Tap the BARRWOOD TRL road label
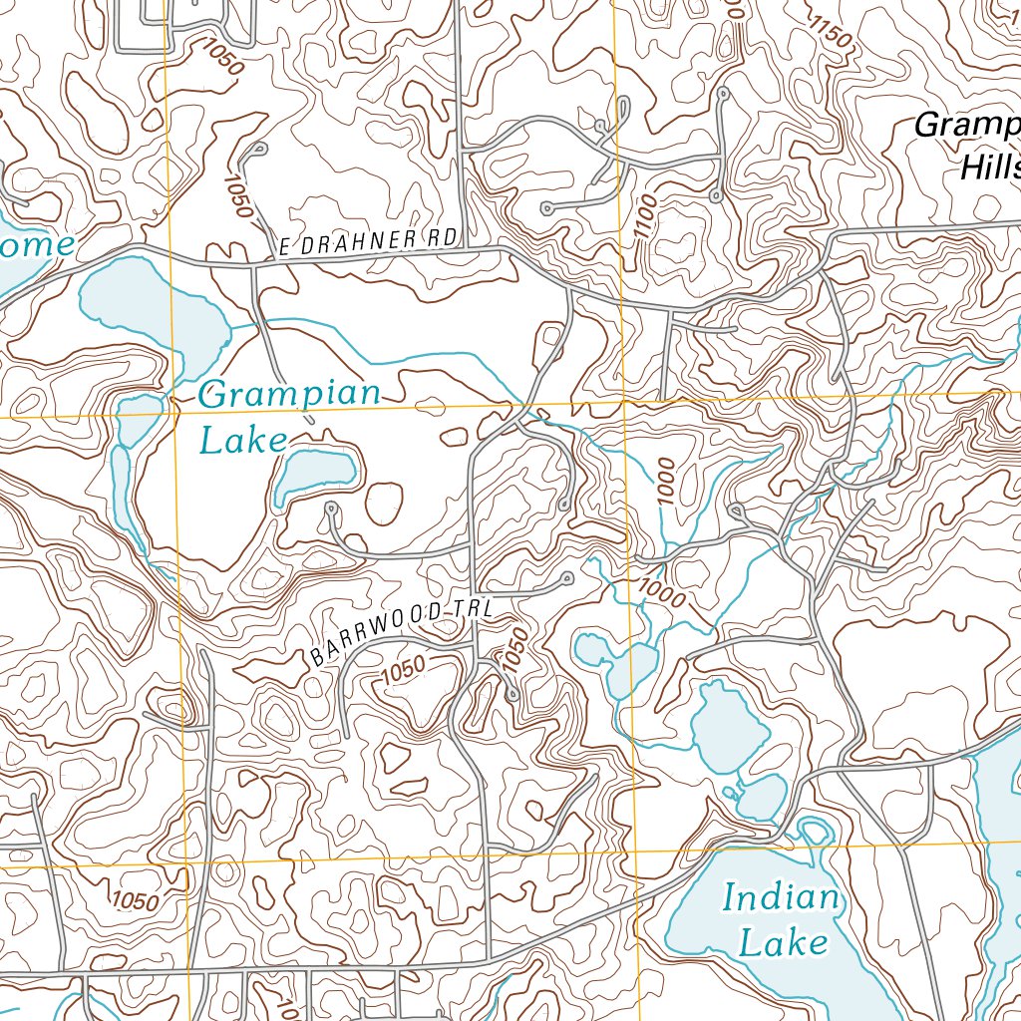tap(402, 631)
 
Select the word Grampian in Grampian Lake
tap(289, 395)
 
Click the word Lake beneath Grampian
tap(243, 440)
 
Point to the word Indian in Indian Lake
tap(781, 897)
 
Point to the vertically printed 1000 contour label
tap(666, 482)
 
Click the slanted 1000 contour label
tap(661, 593)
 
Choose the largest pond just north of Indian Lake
tap(729, 727)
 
